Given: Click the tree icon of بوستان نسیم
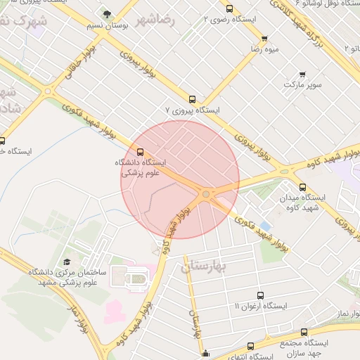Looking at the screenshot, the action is point(107,13).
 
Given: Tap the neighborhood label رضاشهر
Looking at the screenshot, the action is point(156,19).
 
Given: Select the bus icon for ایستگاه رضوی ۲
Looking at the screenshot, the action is point(230,9).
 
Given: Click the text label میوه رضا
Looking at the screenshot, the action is point(264,51).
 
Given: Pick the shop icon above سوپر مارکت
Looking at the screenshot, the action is point(302,74).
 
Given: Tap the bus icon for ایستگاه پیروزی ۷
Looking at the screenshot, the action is point(193,99).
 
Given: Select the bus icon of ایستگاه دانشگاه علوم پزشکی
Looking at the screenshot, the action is point(140,151).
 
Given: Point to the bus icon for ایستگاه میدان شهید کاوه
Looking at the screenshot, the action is point(303,187).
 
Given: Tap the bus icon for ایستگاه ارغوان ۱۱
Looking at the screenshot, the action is point(261,295).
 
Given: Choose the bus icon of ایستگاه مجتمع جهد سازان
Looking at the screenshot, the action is point(304,332).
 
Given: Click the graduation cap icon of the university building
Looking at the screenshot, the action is point(67,262).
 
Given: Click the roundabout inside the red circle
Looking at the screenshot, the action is point(206,194).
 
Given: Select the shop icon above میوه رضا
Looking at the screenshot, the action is point(264,39).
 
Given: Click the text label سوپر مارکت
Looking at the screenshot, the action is point(302,85).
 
